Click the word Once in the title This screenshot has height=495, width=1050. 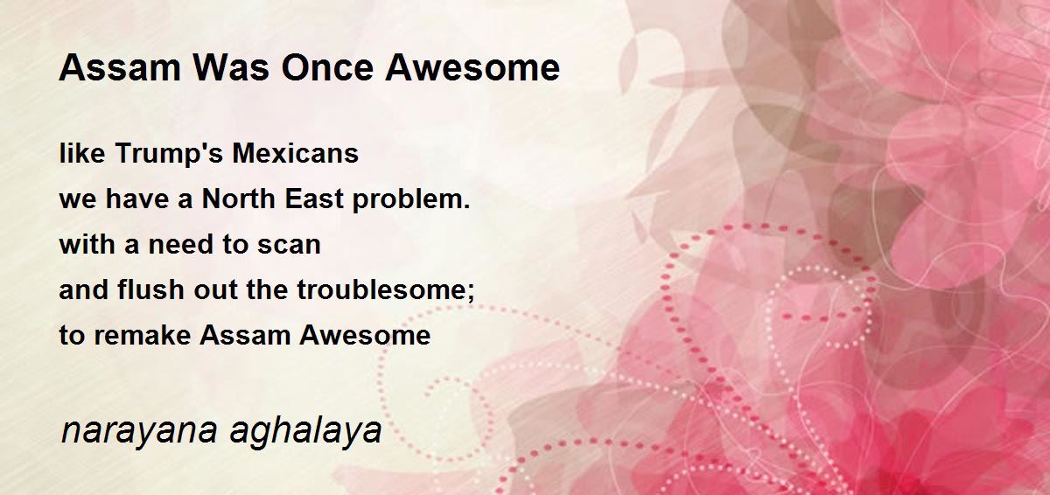pyautogui.click(x=327, y=67)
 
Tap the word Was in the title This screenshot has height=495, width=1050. pyautogui.click(x=231, y=67)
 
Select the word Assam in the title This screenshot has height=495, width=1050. pyautogui.click(x=120, y=67)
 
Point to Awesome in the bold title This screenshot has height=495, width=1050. pyautogui.click(x=472, y=67)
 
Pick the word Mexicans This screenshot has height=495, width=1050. pyautogui.click(x=296, y=153)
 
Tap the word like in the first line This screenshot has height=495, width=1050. pyautogui.click(x=82, y=153)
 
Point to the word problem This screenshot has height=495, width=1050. pyautogui.click(x=411, y=200)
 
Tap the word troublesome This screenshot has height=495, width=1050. pyautogui.click(x=386, y=290)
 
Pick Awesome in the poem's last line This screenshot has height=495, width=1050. pyautogui.click(x=365, y=335)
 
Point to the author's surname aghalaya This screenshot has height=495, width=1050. pyautogui.click(x=305, y=432)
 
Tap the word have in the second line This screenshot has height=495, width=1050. pyautogui.click(x=136, y=199)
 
